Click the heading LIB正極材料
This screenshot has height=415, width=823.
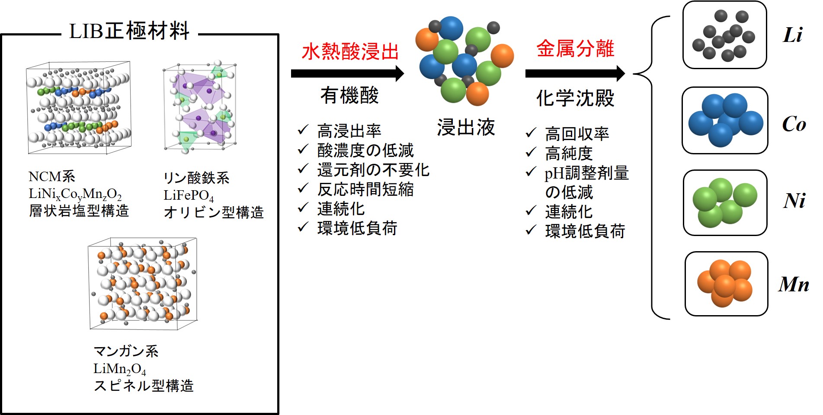pyautogui.click(x=129, y=31)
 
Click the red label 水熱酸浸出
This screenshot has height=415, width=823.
pyautogui.click(x=350, y=51)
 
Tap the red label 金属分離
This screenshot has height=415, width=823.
pyautogui.click(x=575, y=48)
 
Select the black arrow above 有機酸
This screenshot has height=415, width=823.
pyautogui.click(x=348, y=73)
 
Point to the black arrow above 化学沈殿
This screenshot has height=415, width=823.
pyautogui.click(x=575, y=73)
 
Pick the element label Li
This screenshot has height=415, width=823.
pyautogui.click(x=793, y=35)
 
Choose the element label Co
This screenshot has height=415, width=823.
pyautogui.click(x=794, y=124)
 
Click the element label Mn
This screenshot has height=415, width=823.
pyautogui.click(x=794, y=284)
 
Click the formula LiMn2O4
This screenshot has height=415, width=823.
pyautogui.click(x=120, y=369)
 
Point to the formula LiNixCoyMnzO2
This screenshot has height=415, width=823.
pyautogui.click(x=75, y=195)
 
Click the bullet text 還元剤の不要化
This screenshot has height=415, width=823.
pyautogui.click(x=373, y=170)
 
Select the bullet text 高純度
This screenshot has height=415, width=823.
pyautogui.click(x=569, y=153)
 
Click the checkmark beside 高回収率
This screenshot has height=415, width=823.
pyautogui.click(x=531, y=132)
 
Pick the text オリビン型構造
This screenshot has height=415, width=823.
pyautogui.click(x=214, y=212)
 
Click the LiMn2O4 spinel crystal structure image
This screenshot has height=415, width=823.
pyautogui.click(x=143, y=283)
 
